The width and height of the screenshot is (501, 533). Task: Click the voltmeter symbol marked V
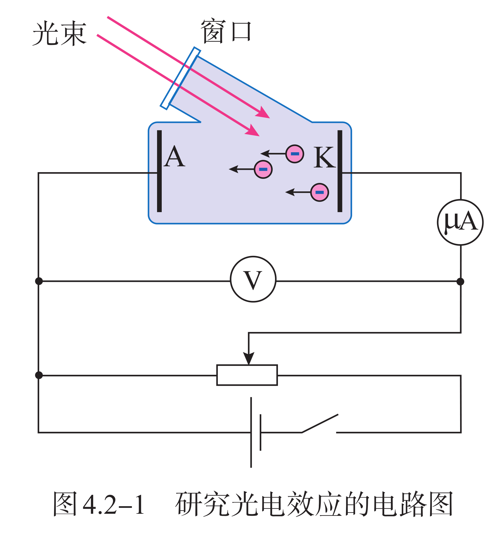pyautogui.click(x=253, y=279)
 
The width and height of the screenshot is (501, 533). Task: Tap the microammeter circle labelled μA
pyautogui.click(x=460, y=222)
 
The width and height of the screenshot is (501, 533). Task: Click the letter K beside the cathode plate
pyautogui.click(x=324, y=158)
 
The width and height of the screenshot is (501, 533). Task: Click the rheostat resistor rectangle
pyautogui.click(x=247, y=375)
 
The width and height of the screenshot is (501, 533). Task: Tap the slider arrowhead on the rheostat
pyautogui.click(x=248, y=358)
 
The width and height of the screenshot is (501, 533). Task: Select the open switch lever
pyautogui.click(x=320, y=423)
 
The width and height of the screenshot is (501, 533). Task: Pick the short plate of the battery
pyautogui.click(x=260, y=433)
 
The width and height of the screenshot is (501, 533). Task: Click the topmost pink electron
pyautogui.click(x=295, y=154)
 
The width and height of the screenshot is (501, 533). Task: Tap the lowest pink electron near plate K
pyautogui.click(x=320, y=192)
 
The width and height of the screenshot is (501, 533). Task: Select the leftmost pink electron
pyautogui.click(x=263, y=169)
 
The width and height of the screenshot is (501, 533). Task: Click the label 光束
pyautogui.click(x=60, y=34)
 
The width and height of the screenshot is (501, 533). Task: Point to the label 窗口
pyautogui.click(x=226, y=32)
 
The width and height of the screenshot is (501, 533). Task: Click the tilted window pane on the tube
pyautogui.click(x=180, y=78)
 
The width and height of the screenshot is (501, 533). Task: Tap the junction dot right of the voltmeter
pyautogui.click(x=460, y=282)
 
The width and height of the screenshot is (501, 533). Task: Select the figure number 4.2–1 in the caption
pyautogui.click(x=114, y=504)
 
